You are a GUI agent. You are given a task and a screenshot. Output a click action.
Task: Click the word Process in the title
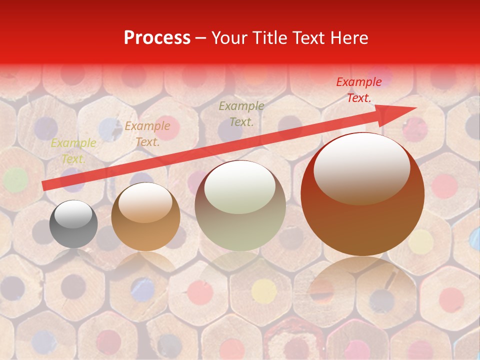[x=157, y=38]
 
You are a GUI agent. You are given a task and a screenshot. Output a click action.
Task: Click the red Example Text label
[x=359, y=90]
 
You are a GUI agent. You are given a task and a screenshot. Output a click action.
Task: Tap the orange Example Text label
[x=147, y=134]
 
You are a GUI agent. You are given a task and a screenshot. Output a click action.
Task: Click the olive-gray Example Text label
[x=241, y=113]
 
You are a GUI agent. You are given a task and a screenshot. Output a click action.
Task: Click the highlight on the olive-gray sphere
[x=240, y=187]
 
